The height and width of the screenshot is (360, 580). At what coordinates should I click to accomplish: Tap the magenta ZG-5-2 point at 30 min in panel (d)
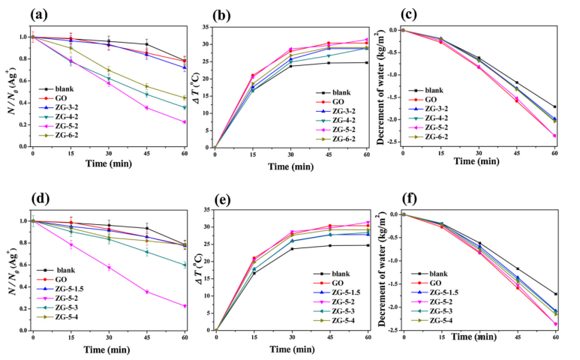coord(108,268)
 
